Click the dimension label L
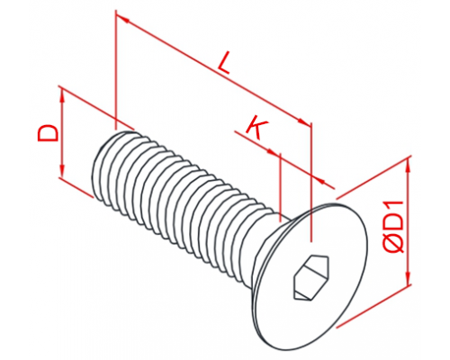tap(224, 63)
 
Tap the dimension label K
tap(256, 128)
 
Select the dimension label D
tap(48, 133)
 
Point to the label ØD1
tap(394, 228)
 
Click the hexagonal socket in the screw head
tap(310, 277)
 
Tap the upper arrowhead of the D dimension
tap(62, 96)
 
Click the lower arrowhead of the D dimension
tap(62, 171)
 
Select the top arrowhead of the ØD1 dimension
tap(408, 166)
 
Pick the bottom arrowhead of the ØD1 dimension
tap(408, 276)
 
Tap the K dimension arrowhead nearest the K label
tap(273, 152)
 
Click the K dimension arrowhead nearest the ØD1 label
tap(319, 179)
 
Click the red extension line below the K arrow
tap(280, 188)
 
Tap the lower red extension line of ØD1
tap(374, 306)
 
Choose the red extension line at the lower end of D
tap(76, 187)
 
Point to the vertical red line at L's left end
tap(116, 69)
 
